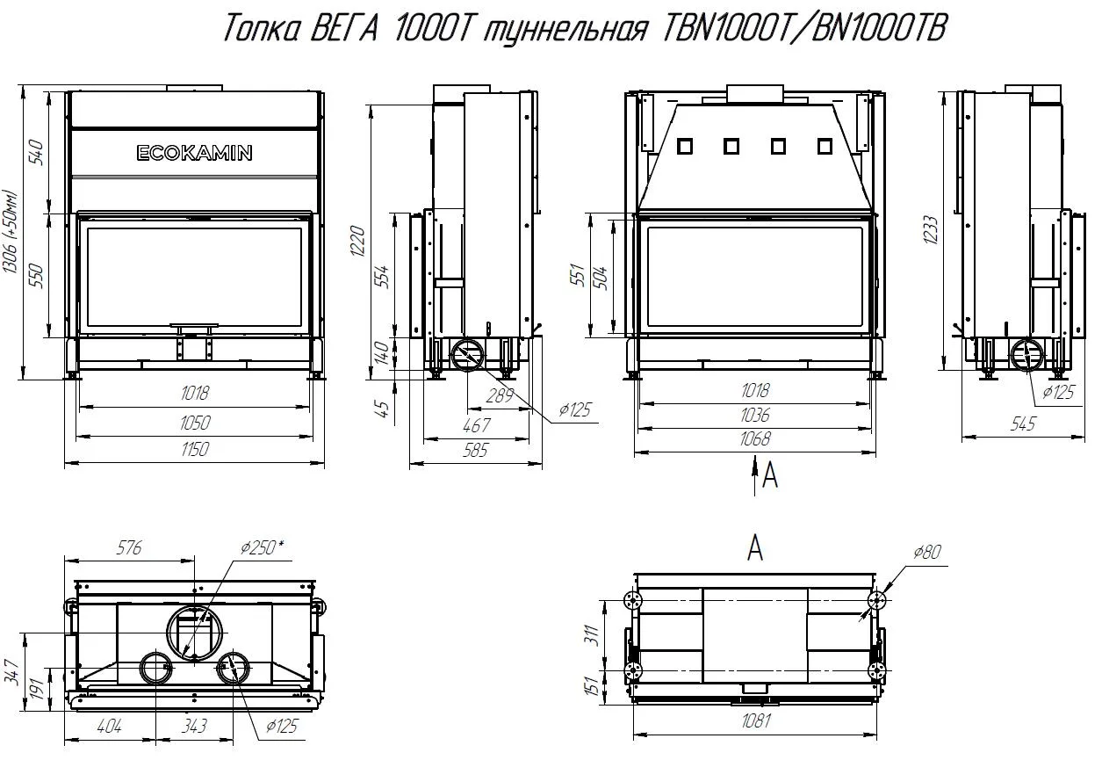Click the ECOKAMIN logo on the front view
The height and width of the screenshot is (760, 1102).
pyautogui.click(x=194, y=153)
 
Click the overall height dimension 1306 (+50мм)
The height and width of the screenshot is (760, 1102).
pyautogui.click(x=11, y=231)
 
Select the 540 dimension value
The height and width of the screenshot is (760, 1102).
pyautogui.click(x=37, y=152)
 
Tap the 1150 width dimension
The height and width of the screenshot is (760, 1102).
pyautogui.click(x=195, y=449)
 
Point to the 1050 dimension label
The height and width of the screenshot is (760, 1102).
pyautogui.click(x=195, y=423)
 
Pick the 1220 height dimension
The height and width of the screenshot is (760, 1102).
pyautogui.click(x=357, y=242)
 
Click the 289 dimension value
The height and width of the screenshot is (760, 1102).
pyautogui.click(x=500, y=395)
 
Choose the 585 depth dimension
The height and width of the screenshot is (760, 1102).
pyautogui.click(x=475, y=450)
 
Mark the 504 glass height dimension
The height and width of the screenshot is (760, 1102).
pyautogui.click(x=601, y=279)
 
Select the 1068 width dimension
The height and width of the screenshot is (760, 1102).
pyautogui.click(x=754, y=438)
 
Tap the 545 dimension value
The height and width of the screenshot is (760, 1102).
pyautogui.click(x=1023, y=423)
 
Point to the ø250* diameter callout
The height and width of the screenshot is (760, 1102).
pyautogui.click(x=263, y=546)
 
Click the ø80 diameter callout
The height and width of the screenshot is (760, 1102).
pyautogui.click(x=927, y=553)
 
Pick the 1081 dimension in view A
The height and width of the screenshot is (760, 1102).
pyautogui.click(x=756, y=721)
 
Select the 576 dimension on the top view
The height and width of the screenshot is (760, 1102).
pyautogui.click(x=129, y=548)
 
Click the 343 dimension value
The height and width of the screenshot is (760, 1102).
pyautogui.click(x=194, y=726)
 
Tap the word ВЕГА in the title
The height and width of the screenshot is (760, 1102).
pyautogui.click(x=345, y=27)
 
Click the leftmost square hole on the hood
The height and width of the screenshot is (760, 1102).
pyautogui.click(x=685, y=146)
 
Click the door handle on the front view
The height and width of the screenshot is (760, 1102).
pyautogui.click(x=194, y=326)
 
